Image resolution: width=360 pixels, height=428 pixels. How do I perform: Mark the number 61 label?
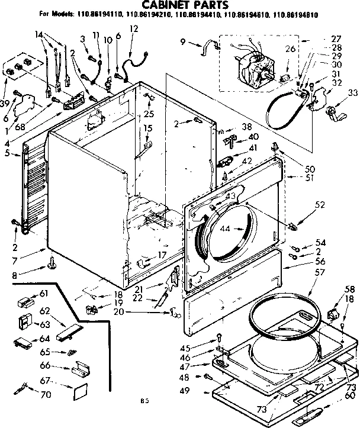[43, 294]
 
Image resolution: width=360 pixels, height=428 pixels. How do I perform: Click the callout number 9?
[182, 41]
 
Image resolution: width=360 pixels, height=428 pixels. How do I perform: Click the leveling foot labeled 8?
[52, 260]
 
